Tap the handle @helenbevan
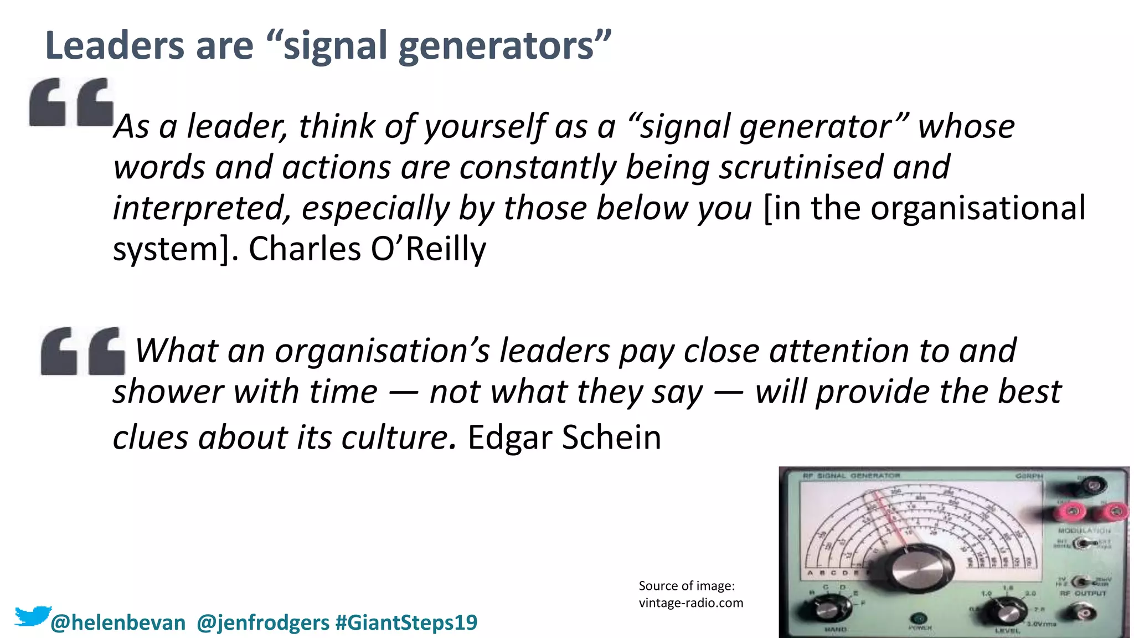tap(118, 622)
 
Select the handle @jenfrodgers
tap(263, 622)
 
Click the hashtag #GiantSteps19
tap(406, 622)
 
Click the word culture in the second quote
tap(398, 438)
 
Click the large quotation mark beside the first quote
tap(71, 102)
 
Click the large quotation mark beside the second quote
tap(83, 351)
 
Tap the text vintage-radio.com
tap(690, 603)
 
